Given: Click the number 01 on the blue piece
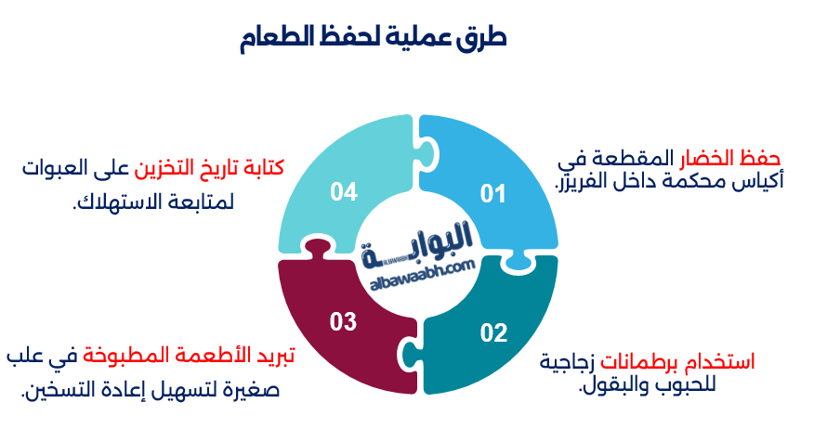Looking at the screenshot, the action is [492, 194].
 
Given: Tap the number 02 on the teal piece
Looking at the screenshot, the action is [493, 332].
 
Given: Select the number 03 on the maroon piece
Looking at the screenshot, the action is [343, 321].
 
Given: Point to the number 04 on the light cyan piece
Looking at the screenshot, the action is [344, 192].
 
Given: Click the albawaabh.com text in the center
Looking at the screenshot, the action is [423, 275].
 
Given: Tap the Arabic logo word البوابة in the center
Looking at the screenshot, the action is [417, 244].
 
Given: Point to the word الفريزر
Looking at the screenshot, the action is [578, 181].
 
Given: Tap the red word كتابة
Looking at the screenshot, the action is [264, 168].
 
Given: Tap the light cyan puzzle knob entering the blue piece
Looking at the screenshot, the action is [427, 152].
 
